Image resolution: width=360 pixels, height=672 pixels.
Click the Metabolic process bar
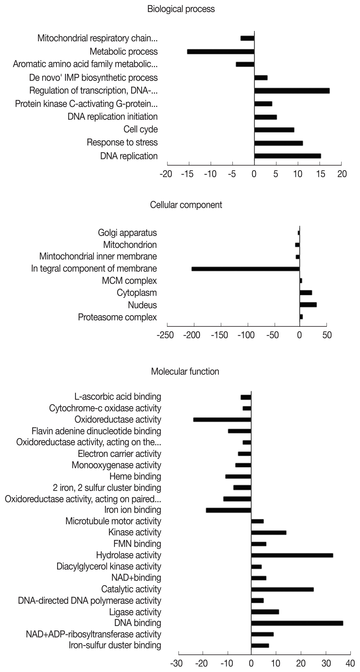click(221, 52)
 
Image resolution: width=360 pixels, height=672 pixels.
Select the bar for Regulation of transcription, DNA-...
click(292, 91)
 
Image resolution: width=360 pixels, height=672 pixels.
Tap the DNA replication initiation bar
click(265, 117)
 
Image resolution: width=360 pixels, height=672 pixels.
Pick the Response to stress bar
click(278, 143)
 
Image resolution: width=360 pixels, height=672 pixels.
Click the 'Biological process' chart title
click(181, 9)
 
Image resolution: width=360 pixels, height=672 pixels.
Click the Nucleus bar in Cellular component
click(308, 305)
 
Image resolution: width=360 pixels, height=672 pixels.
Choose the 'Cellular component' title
click(186, 205)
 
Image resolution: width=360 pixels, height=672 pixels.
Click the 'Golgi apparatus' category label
click(127, 233)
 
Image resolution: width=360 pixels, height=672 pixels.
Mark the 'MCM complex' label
click(129, 281)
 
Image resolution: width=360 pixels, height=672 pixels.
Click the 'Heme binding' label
click(135, 476)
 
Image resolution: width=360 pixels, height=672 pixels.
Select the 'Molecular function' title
click(185, 372)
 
